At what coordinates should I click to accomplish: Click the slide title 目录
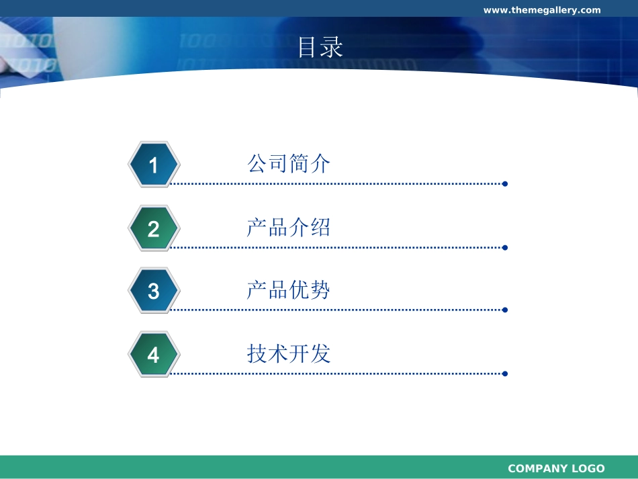click(x=320, y=47)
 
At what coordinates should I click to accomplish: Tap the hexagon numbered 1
click(x=154, y=165)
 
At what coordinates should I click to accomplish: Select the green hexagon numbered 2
click(x=154, y=228)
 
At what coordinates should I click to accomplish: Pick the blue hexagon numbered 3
click(x=154, y=291)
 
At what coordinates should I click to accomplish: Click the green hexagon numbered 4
click(x=154, y=355)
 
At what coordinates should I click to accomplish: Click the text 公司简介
click(x=289, y=164)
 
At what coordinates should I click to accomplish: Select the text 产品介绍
click(x=289, y=228)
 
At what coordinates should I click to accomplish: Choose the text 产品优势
click(x=289, y=290)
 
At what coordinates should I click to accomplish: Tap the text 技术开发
click(x=289, y=353)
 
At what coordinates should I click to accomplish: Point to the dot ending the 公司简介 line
click(x=505, y=184)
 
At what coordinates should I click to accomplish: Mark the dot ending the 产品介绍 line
click(x=505, y=248)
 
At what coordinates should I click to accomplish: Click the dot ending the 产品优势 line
click(x=505, y=310)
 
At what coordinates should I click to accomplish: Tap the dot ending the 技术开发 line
click(x=505, y=374)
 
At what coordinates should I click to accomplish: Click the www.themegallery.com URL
click(x=542, y=10)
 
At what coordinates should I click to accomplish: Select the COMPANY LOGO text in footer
click(x=556, y=468)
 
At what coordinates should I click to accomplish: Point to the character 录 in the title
click(x=332, y=47)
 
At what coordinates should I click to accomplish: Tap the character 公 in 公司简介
click(x=257, y=164)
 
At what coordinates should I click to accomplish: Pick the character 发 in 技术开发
click(x=320, y=353)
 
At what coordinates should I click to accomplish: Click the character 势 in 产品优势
click(x=320, y=290)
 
